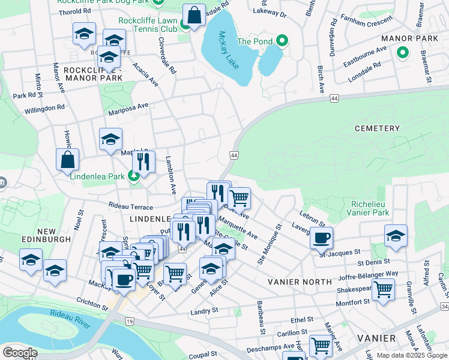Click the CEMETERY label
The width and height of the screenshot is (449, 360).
coord(377,128)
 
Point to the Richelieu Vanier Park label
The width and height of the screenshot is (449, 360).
coord(368,208)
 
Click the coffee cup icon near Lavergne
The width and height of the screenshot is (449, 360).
coord(321,237)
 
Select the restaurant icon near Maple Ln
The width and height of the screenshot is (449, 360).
coord(143,161)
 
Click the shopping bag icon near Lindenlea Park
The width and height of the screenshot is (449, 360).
coord(67,159)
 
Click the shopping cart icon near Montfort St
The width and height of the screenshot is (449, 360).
coord(383,289)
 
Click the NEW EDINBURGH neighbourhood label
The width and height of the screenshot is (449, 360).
coord(46,235)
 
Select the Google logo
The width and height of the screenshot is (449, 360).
coord(19,353)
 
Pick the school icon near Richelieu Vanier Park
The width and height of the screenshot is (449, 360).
coord(396,235)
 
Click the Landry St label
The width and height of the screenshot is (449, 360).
coord(203,311)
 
